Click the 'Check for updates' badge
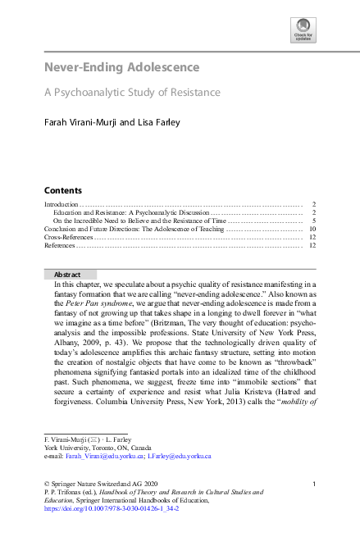[303, 30]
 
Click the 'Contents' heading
[62, 189]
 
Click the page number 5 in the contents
[313, 221]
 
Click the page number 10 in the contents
[312, 229]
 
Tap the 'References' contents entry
[60, 245]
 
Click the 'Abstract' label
[67, 275]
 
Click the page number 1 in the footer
[314, 484]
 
